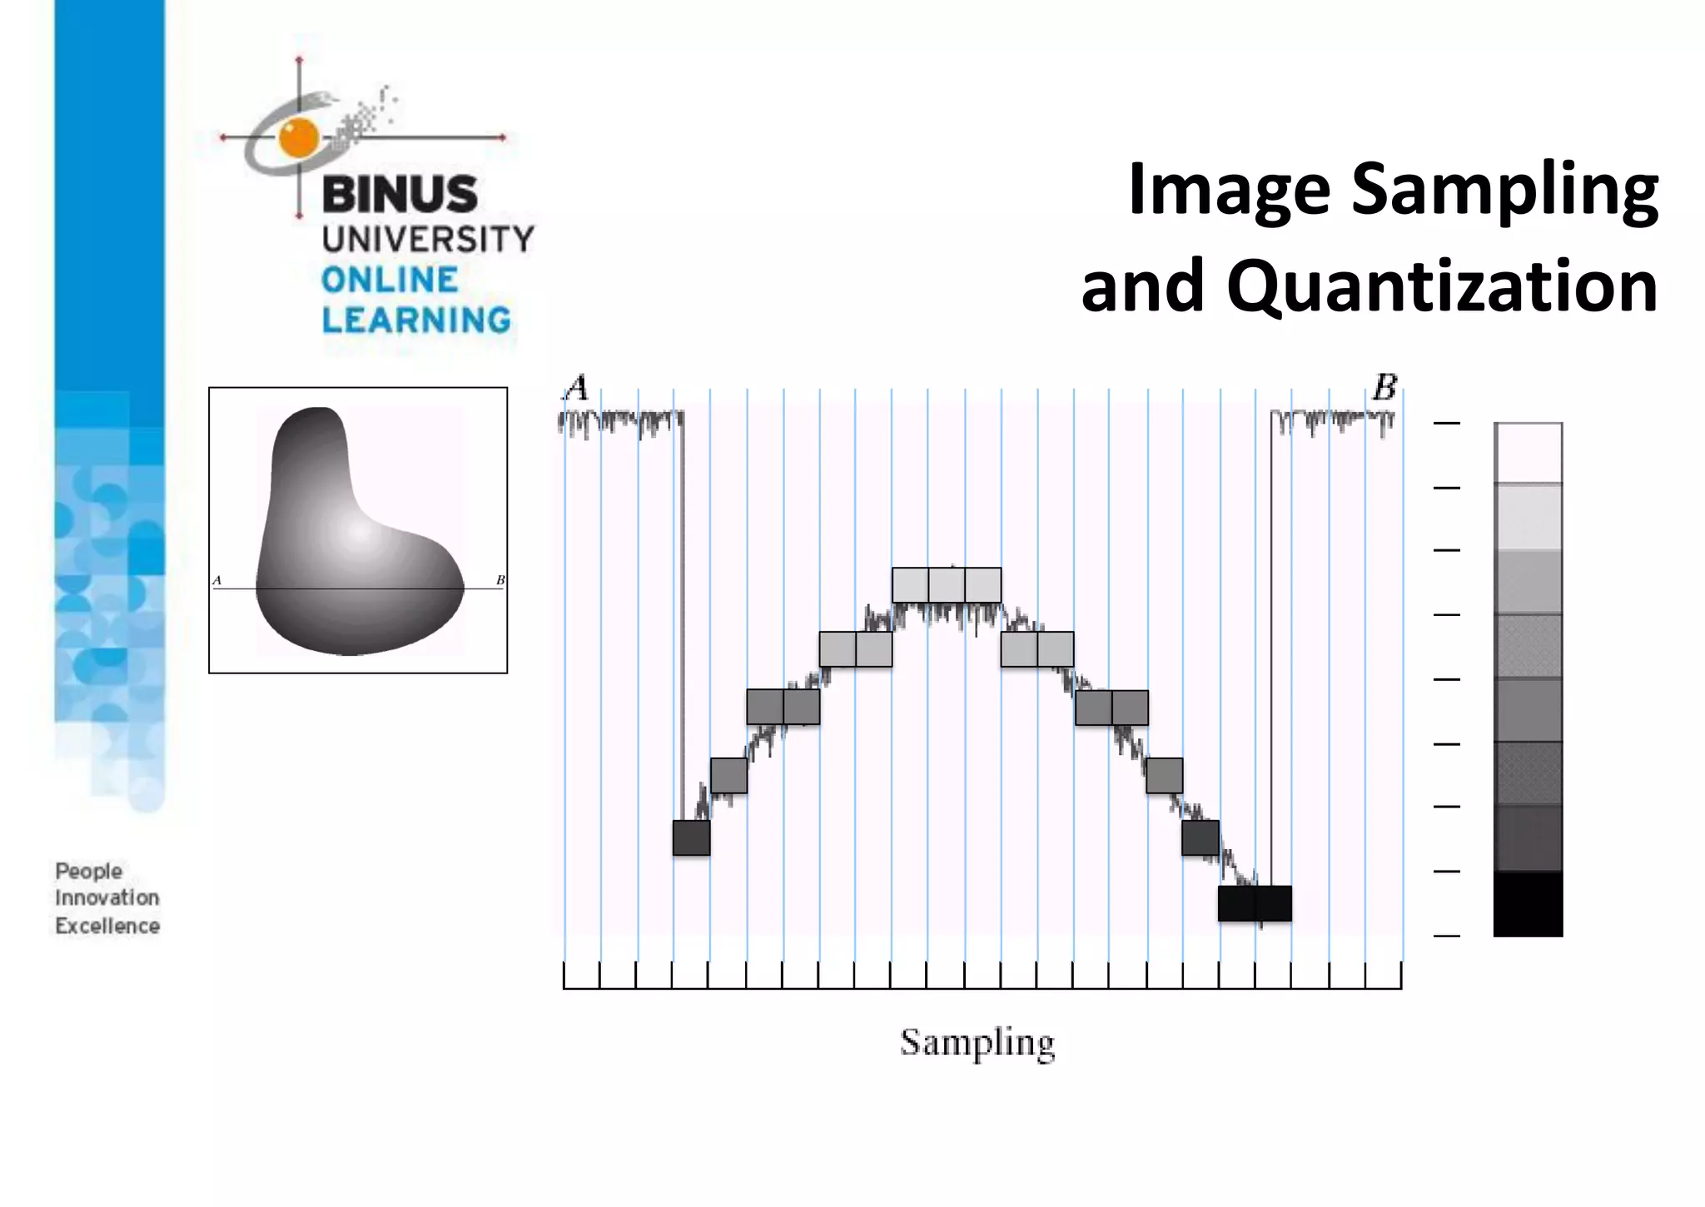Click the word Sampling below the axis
(977, 1043)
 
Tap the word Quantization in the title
(1442, 286)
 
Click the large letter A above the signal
(576, 388)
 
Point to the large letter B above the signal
(1384, 388)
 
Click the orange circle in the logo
(299, 137)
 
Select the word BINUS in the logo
(400, 194)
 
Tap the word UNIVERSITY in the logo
(428, 240)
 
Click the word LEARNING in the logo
(416, 320)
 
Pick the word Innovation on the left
(107, 898)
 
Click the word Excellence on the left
(107, 926)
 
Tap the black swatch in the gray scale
(1528, 904)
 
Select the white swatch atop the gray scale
(1528, 453)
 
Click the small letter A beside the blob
(216, 580)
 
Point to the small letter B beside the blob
(500, 580)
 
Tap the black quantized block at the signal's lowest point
(1255, 903)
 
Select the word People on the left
(88, 872)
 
